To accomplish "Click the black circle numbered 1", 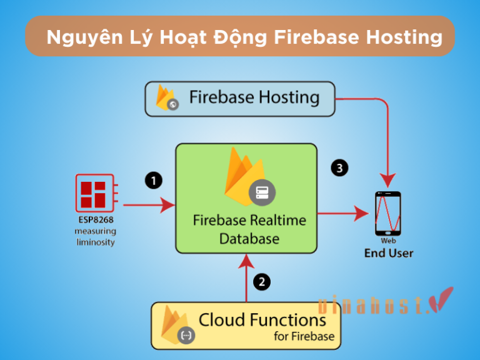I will (153, 181).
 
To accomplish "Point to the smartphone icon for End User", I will (387, 213).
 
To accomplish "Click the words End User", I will (389, 253).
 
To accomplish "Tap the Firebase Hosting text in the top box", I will (254, 97).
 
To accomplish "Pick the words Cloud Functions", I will (262, 320).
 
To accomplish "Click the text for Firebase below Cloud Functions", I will (304, 337).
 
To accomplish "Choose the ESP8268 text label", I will (95, 220).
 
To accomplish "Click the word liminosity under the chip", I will (95, 242).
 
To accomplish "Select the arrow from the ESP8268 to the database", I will (149, 204).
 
